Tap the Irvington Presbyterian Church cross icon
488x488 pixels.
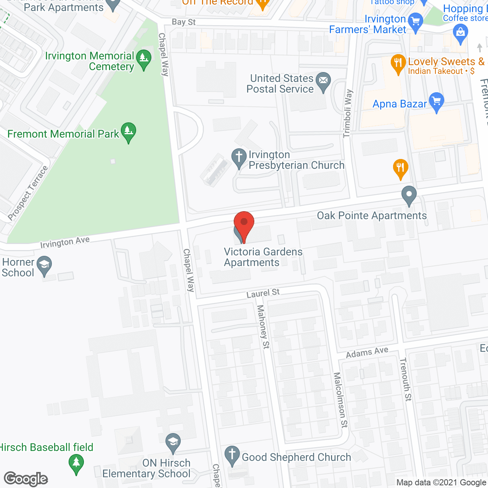click(x=239, y=157)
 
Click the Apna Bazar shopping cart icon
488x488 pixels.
click(x=437, y=102)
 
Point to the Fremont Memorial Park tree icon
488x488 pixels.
click(x=128, y=132)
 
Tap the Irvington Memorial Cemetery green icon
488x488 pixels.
click(x=144, y=59)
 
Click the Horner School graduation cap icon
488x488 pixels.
click(x=45, y=265)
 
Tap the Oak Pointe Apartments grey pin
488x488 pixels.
click(x=409, y=195)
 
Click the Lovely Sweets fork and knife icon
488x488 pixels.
click(x=398, y=64)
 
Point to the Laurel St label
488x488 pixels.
click(x=263, y=293)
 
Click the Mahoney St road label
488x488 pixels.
click(x=263, y=326)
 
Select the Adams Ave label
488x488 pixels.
click(x=367, y=353)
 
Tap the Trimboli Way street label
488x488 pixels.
click(x=348, y=113)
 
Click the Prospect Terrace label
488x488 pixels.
click(x=28, y=193)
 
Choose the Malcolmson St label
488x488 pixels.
click(x=340, y=400)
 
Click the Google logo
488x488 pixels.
click(x=26, y=479)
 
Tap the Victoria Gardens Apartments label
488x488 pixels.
click(x=263, y=257)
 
